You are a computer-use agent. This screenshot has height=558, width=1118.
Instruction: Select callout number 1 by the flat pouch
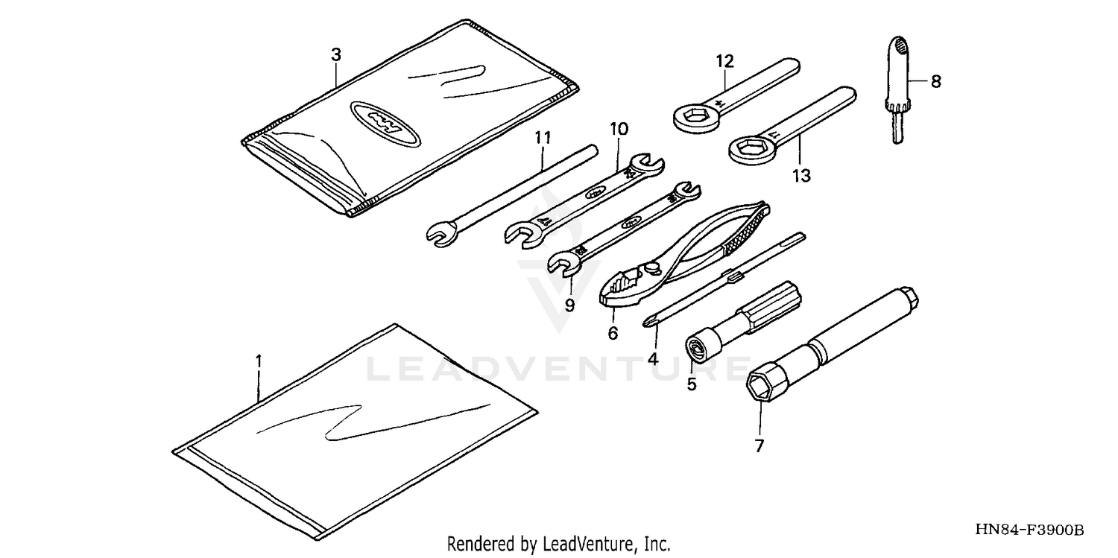(259, 361)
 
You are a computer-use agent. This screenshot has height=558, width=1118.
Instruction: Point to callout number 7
(759, 446)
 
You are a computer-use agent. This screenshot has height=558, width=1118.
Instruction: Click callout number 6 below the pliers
(613, 333)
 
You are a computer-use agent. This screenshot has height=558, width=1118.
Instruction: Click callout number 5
(691, 384)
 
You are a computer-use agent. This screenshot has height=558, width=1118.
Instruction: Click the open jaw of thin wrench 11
(438, 235)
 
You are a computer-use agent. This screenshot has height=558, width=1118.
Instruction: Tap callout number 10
(619, 129)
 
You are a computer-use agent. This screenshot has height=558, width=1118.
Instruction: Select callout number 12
(724, 60)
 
